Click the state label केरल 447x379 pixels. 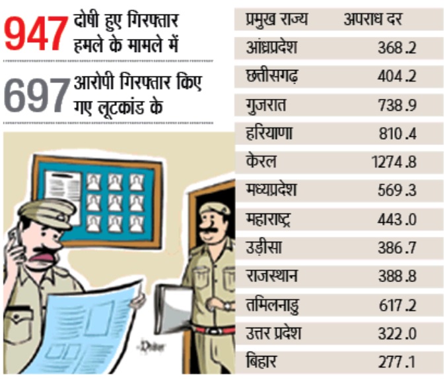pyautogui.click(x=261, y=162)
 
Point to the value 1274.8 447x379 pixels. pyautogui.click(x=394, y=162)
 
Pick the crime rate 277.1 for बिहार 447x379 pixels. pyautogui.click(x=397, y=363)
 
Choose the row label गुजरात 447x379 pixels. pyautogui.click(x=267, y=105)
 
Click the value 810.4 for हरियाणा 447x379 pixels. pyautogui.click(x=397, y=134)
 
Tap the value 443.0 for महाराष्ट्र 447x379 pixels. pyautogui.click(x=397, y=219)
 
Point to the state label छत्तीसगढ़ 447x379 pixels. pyautogui.click(x=271, y=76)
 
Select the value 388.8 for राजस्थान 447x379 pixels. pyautogui.click(x=397, y=277)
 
